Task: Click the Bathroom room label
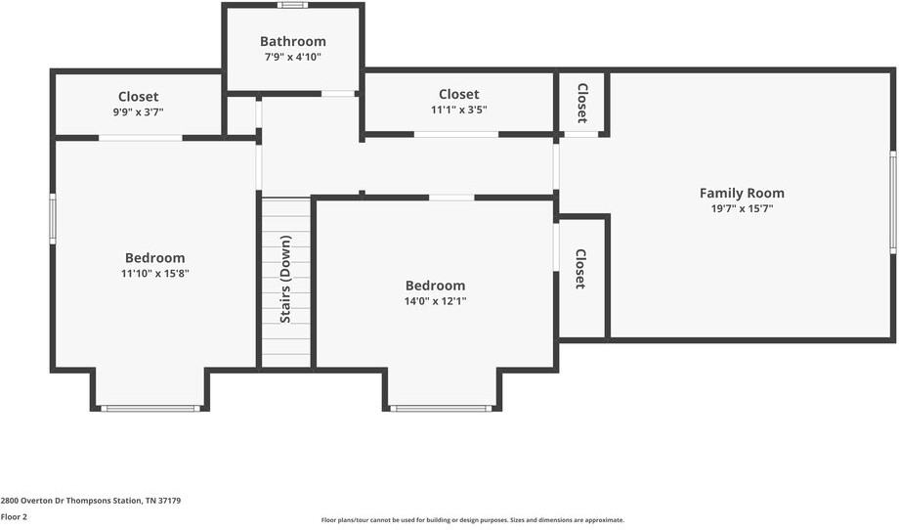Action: click(x=292, y=41)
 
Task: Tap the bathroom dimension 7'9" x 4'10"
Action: click(x=292, y=57)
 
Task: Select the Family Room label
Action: click(x=742, y=193)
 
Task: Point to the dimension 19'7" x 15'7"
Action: click(x=742, y=208)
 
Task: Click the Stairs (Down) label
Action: click(x=285, y=279)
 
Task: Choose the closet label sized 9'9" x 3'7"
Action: click(x=138, y=97)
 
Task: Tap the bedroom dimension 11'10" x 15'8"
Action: click(x=154, y=274)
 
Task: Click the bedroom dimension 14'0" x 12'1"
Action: click(x=435, y=301)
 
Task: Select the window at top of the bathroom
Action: click(x=292, y=5)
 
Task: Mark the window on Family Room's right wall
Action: click(x=892, y=202)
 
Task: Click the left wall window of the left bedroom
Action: click(x=53, y=217)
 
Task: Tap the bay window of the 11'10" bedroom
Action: click(x=150, y=408)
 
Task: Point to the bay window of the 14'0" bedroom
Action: click(x=441, y=408)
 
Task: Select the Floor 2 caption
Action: click(x=14, y=516)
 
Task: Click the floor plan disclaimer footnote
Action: click(x=472, y=519)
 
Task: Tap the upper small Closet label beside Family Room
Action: click(x=581, y=103)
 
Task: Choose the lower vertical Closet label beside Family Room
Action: click(x=579, y=269)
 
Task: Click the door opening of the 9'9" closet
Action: click(x=140, y=138)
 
